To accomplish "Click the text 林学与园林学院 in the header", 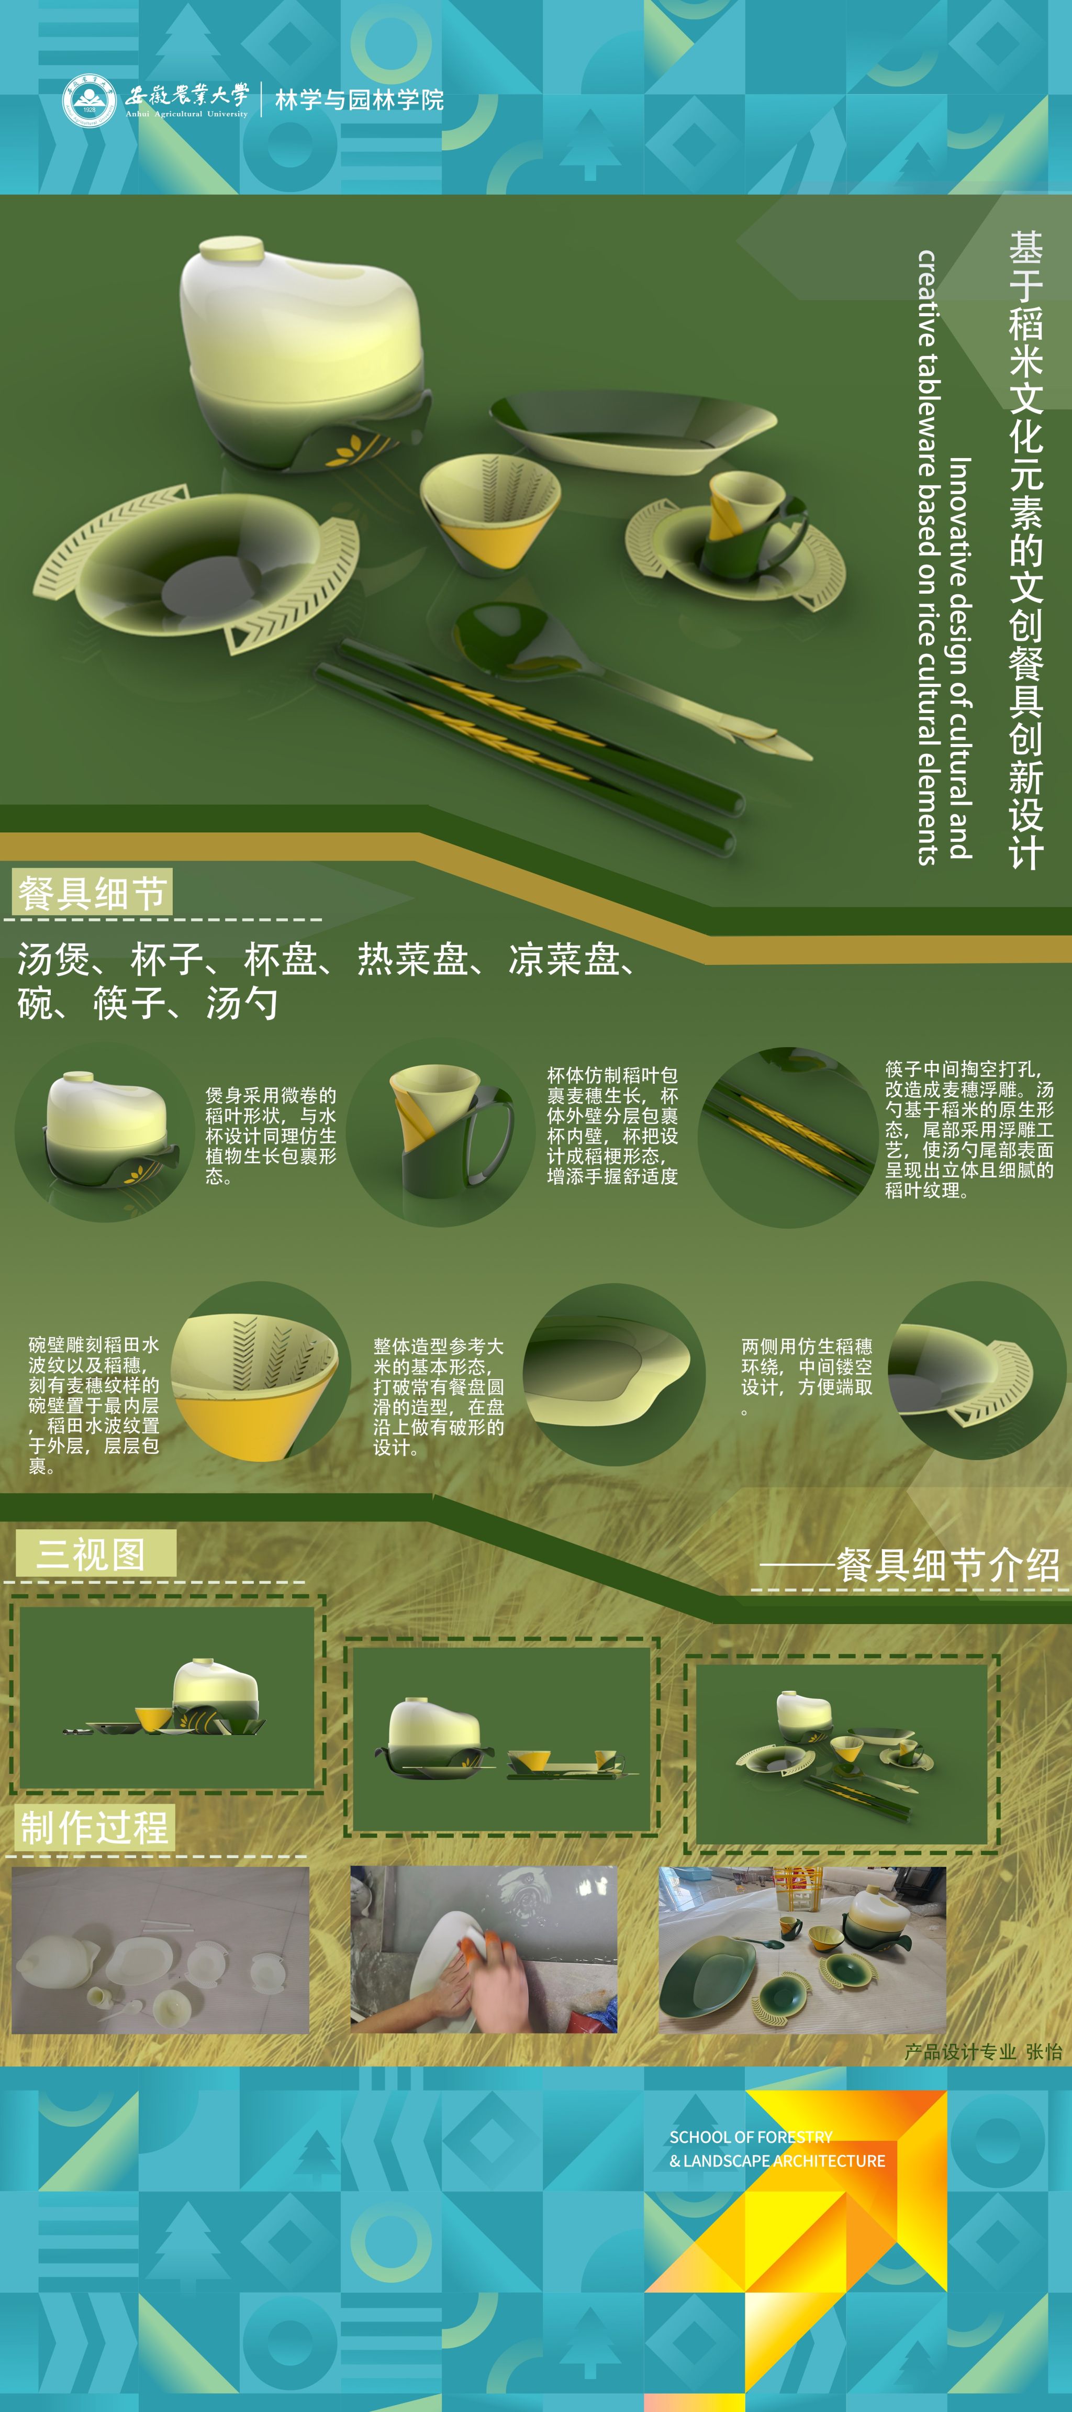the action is pos(360,100).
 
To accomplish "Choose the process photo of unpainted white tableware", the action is pos(160,1950).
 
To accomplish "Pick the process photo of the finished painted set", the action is pos(802,1950).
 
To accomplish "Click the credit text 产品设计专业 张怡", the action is pos(983,2051).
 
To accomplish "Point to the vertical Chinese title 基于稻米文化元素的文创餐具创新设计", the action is pos(1025,551).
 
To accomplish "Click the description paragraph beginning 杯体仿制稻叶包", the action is pos(612,1126).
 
